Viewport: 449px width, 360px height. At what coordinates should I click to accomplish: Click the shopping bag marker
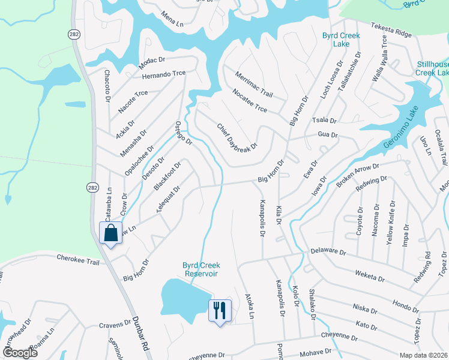tap(111, 233)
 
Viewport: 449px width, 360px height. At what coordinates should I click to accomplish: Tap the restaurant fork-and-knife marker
tap(219, 311)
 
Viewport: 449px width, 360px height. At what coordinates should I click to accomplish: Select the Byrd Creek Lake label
tap(341, 40)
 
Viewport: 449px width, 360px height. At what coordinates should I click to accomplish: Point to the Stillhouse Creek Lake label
tap(433, 68)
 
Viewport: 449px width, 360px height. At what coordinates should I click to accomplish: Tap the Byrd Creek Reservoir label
tap(201, 269)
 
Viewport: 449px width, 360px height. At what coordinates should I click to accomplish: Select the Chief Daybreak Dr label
tap(237, 137)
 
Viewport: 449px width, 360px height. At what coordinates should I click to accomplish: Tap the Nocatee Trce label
tap(249, 100)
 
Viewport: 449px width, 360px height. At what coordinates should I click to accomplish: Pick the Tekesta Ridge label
tap(392, 30)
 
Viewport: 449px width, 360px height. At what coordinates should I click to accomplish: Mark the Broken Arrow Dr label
tap(358, 174)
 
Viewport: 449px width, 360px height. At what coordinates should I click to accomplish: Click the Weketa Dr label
tap(370, 277)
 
